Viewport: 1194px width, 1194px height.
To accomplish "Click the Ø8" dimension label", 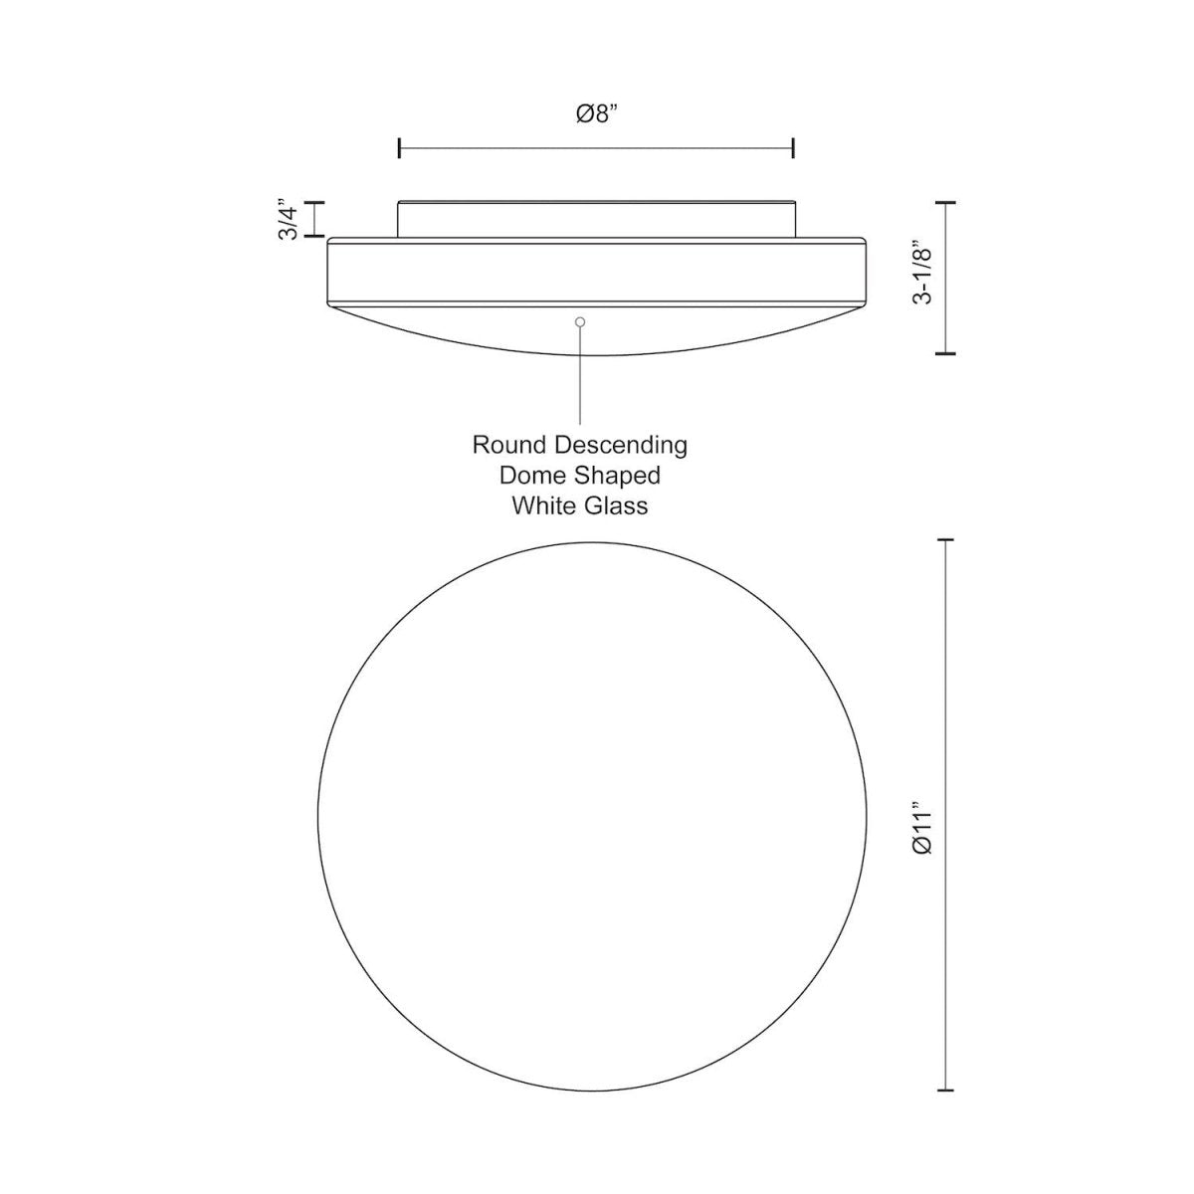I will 596,114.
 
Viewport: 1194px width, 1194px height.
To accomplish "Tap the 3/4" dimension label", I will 289,219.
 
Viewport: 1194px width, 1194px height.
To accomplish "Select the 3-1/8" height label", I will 924,278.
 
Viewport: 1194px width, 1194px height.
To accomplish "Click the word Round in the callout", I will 509,444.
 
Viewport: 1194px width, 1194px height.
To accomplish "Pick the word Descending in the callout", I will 621,444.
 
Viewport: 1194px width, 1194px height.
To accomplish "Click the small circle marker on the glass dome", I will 580,321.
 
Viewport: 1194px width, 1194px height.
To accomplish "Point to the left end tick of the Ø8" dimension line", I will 399,149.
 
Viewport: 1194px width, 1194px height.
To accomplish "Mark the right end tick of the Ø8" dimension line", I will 793,149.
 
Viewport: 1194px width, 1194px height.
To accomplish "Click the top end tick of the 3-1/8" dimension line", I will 945,202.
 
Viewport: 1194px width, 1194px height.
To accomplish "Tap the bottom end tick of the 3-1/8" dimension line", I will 945,353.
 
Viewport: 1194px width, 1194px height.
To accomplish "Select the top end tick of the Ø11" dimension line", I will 945,540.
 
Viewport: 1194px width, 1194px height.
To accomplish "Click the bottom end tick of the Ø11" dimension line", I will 945,1092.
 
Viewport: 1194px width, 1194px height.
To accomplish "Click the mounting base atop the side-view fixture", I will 596,219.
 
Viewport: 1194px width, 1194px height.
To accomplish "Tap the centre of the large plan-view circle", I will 594,816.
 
